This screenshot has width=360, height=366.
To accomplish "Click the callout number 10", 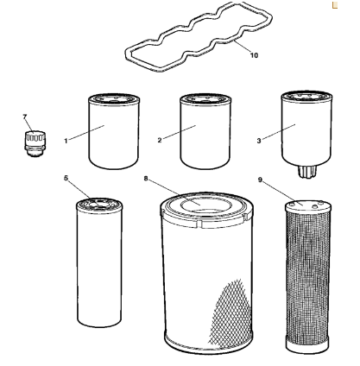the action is coord(254,55).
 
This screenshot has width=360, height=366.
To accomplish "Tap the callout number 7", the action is coord(25,117).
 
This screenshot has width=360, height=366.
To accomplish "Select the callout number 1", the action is coord(66,141).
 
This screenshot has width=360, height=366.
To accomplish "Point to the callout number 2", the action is coord(160,140).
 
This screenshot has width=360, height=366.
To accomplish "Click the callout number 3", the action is coord(259,141).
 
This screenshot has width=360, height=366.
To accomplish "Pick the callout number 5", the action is coord(66,178).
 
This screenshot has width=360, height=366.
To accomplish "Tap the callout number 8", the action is coord(146,179).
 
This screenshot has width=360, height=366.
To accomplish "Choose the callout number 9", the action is coord(260,180).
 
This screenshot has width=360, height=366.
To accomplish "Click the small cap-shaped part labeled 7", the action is coord(35,143).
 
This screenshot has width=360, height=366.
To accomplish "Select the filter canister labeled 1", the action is coord(114,131).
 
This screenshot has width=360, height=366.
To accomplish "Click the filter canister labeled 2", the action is coord(205,131).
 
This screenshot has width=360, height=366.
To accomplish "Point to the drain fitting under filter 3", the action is coord(307,171).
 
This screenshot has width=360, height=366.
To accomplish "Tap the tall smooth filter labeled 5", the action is coord(99,262).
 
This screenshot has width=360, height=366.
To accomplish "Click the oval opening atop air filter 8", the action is coord(206,205).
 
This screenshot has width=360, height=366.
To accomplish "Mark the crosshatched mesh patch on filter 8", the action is coord(231,312).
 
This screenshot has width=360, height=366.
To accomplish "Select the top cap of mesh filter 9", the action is coord(308,205).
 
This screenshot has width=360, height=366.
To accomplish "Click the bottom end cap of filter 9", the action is coord(307,344).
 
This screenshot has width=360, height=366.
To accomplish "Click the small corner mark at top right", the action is coord(334,5).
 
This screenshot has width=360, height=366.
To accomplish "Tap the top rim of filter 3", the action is coord(306,97).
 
